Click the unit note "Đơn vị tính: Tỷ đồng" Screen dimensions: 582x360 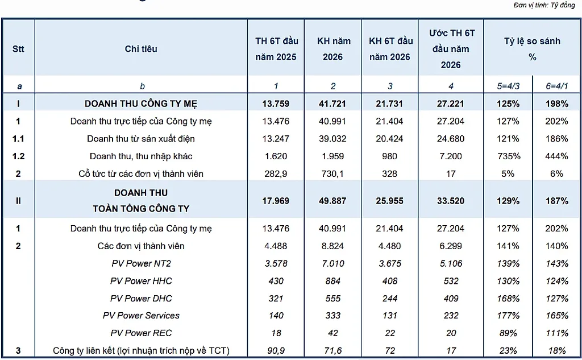[544, 5]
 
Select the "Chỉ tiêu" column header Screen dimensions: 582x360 [141, 49]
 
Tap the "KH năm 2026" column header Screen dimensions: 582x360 [333, 49]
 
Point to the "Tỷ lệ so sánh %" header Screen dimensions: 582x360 [532, 49]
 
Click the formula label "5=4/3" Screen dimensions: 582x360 [508, 86]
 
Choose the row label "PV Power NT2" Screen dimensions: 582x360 [141, 263]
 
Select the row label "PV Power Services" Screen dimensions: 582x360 [141, 316]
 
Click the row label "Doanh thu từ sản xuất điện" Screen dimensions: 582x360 [141, 139]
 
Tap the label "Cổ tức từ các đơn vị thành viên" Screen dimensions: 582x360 [141, 173]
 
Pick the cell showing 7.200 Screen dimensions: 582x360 [451, 156]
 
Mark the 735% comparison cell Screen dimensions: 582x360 [508, 156]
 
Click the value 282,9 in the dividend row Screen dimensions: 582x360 [276, 173]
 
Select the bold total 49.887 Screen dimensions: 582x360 [332, 201]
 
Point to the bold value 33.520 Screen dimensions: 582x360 [451, 201]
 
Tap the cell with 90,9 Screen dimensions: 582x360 [276, 350]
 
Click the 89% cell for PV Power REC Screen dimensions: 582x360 [508, 333]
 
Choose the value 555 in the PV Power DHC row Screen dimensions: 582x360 [332, 299]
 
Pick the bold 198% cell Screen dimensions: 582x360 [557, 104]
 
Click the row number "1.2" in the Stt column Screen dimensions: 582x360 [18, 156]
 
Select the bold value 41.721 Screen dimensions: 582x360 [332, 104]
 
